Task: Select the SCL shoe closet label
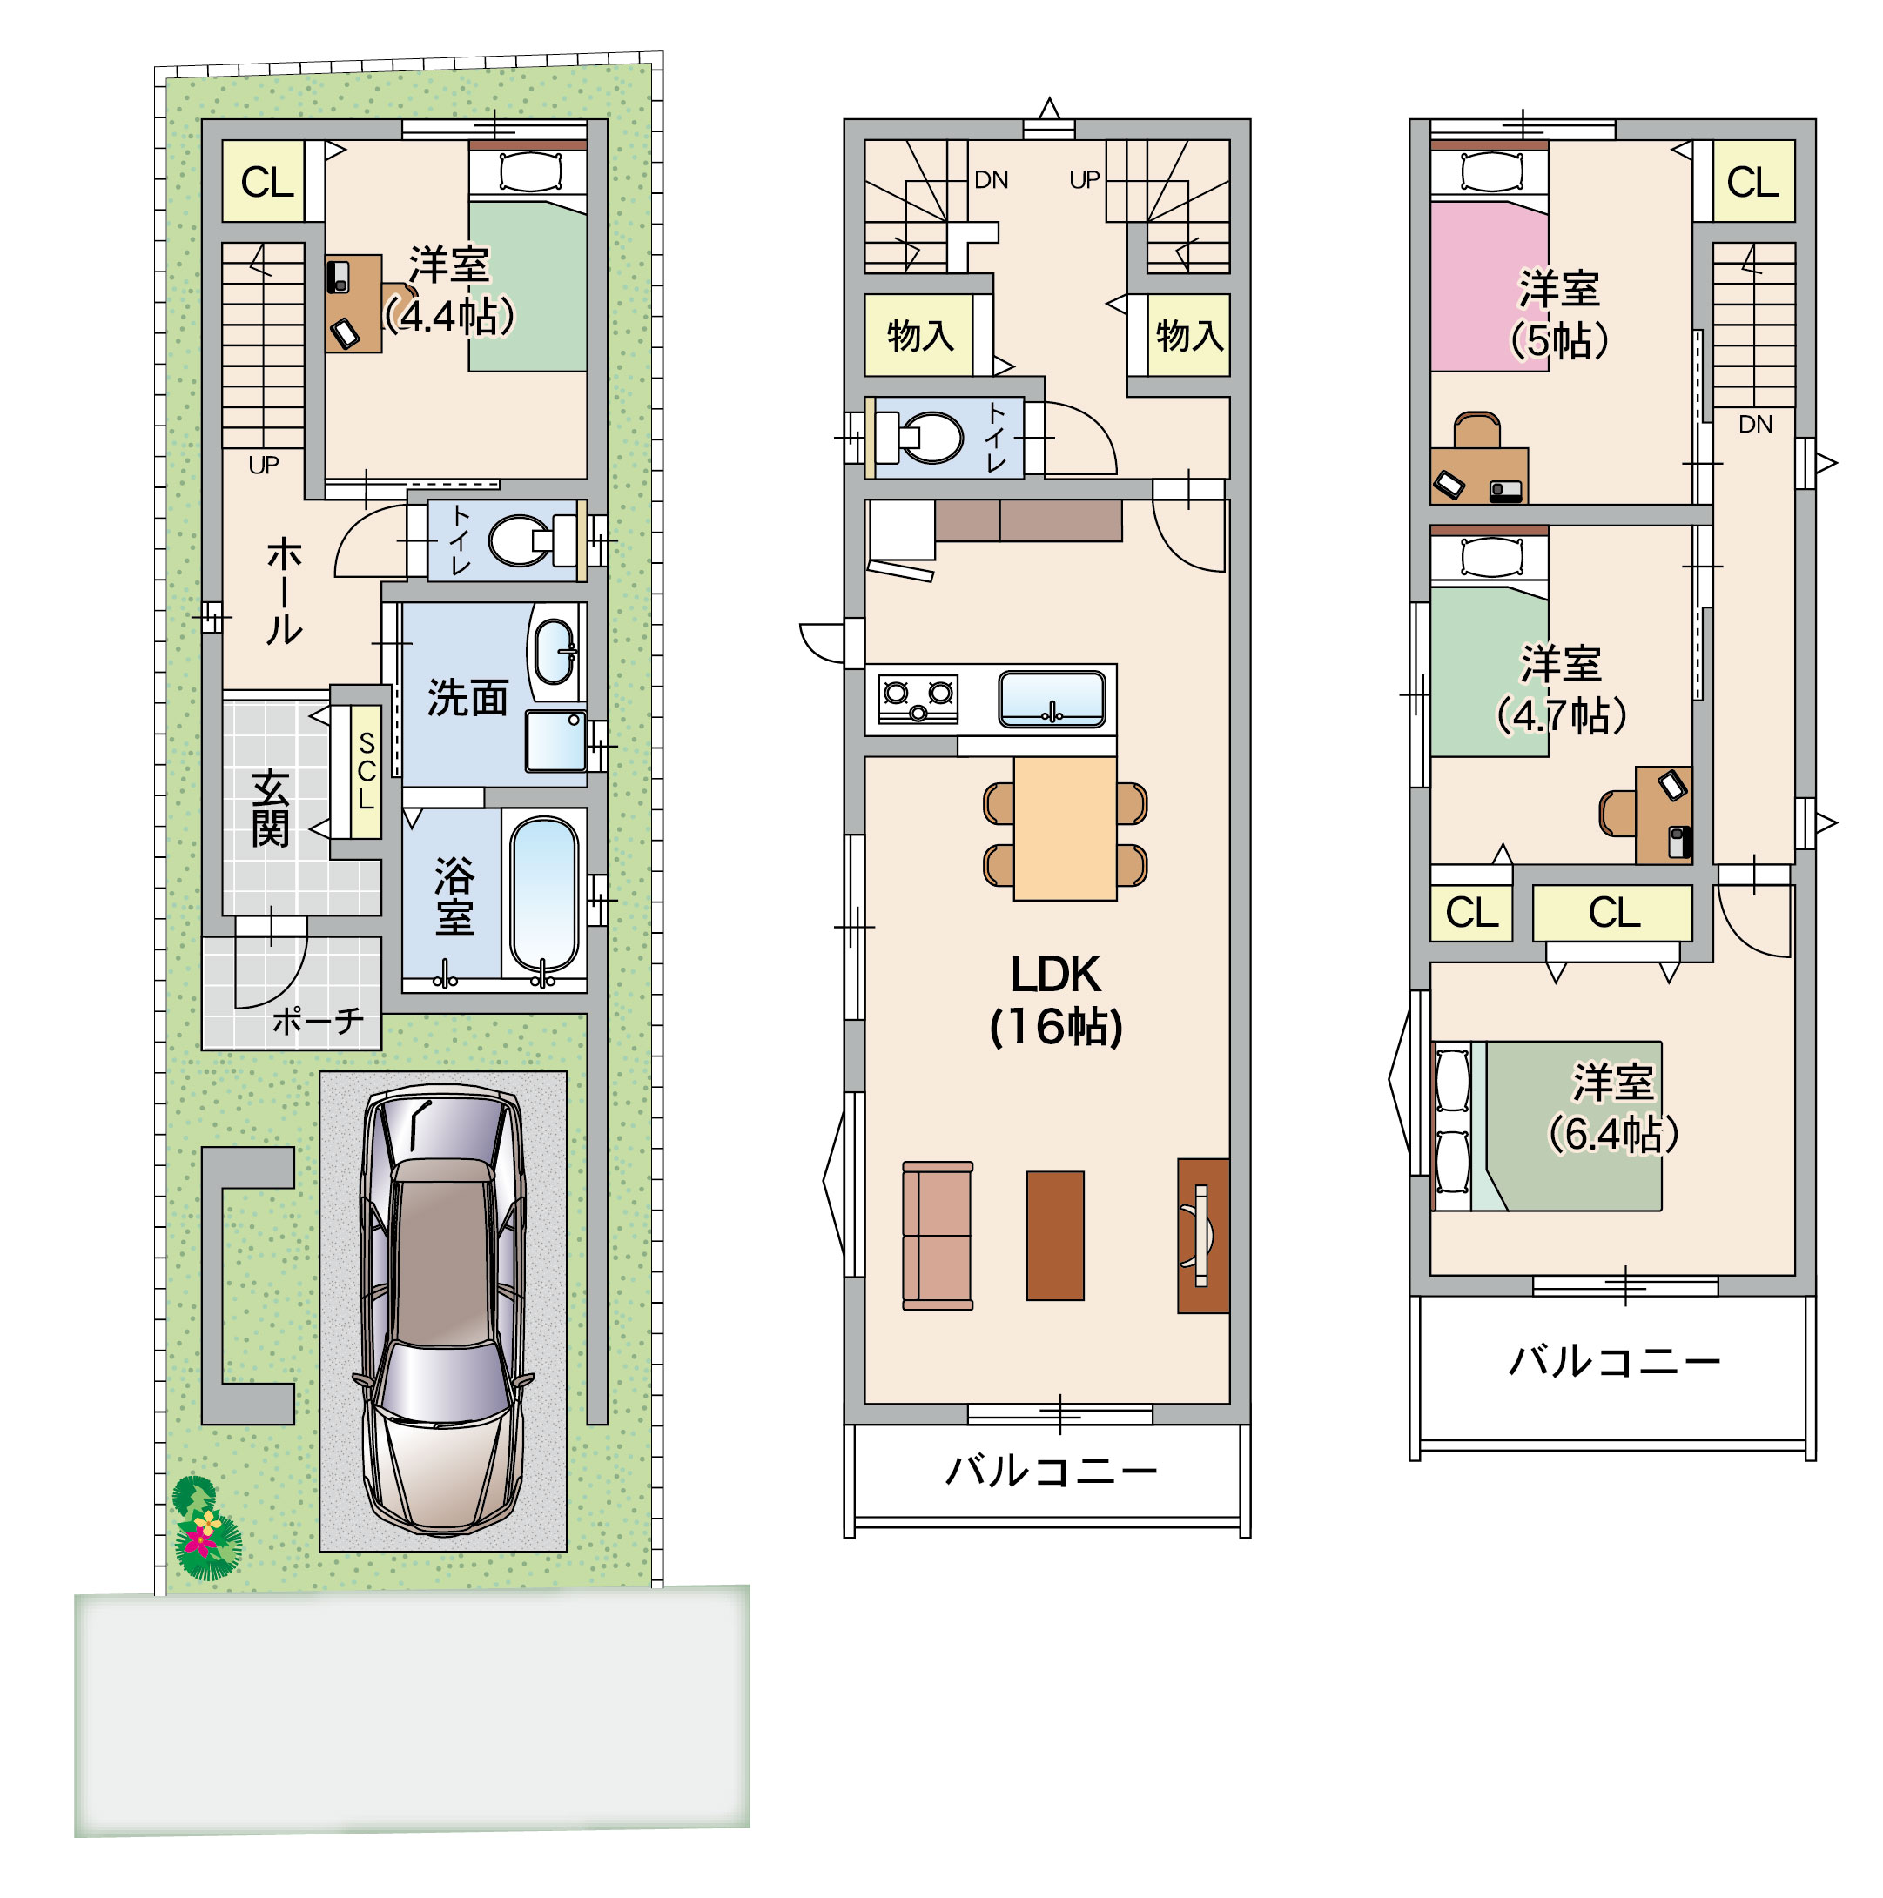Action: coord(367,771)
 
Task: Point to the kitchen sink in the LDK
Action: coord(1052,699)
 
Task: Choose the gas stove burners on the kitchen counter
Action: coord(918,699)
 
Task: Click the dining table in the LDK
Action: coord(1065,828)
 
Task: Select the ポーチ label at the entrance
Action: coord(318,1022)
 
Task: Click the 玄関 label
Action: coord(270,808)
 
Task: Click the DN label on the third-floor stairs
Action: coord(1755,425)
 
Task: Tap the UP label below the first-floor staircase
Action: coord(264,465)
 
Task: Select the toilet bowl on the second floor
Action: coord(931,436)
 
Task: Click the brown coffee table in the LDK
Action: coord(1054,1236)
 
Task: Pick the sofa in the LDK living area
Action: coord(938,1236)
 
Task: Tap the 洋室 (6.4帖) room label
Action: coord(1613,1107)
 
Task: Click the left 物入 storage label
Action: coord(920,336)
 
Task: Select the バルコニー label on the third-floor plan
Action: coord(1614,1362)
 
